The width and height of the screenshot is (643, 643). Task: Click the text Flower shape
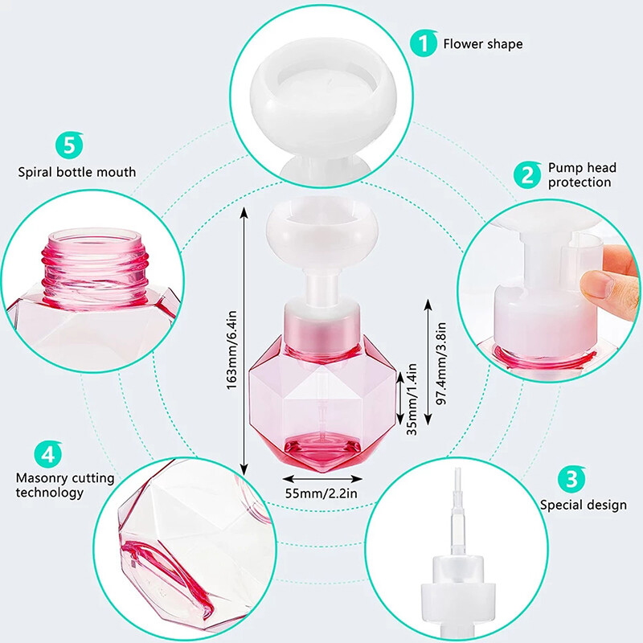[482, 43]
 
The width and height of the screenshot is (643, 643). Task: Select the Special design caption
[583, 505]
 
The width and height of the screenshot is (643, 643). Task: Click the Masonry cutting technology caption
[65, 485]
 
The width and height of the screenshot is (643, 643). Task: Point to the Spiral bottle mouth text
[77, 171]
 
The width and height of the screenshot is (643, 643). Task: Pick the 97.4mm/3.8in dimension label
[440, 362]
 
